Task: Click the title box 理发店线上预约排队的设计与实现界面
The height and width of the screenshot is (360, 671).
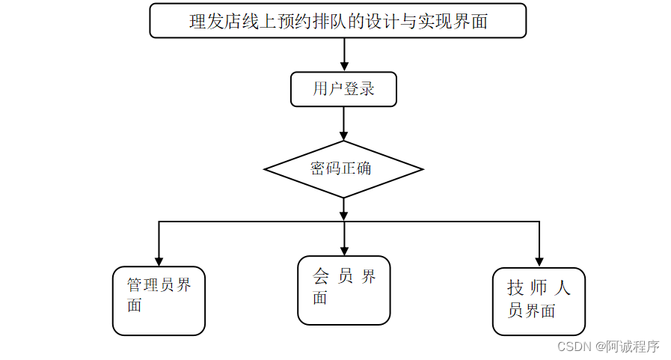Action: pyautogui.click(x=337, y=21)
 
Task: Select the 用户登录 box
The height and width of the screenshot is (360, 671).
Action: pyautogui.click(x=343, y=90)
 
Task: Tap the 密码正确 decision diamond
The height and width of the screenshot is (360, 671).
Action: pyautogui.click(x=343, y=168)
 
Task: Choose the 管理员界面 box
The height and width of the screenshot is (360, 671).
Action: pyautogui.click(x=159, y=300)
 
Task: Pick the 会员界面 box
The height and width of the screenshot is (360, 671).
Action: pyautogui.click(x=344, y=290)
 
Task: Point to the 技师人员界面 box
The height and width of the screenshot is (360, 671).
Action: pyautogui.click(x=539, y=301)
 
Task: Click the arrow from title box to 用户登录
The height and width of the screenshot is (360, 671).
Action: pyautogui.click(x=344, y=54)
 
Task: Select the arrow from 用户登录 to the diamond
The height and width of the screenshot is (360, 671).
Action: pyautogui.click(x=344, y=123)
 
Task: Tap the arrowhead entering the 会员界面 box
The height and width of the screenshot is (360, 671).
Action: pyautogui.click(x=344, y=249)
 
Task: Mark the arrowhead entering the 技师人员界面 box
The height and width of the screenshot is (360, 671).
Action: pyautogui.click(x=539, y=261)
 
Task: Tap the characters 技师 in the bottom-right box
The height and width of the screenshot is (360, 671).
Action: pyautogui.click(x=527, y=288)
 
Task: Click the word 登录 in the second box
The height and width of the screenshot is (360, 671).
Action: pyautogui.click(x=359, y=90)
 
